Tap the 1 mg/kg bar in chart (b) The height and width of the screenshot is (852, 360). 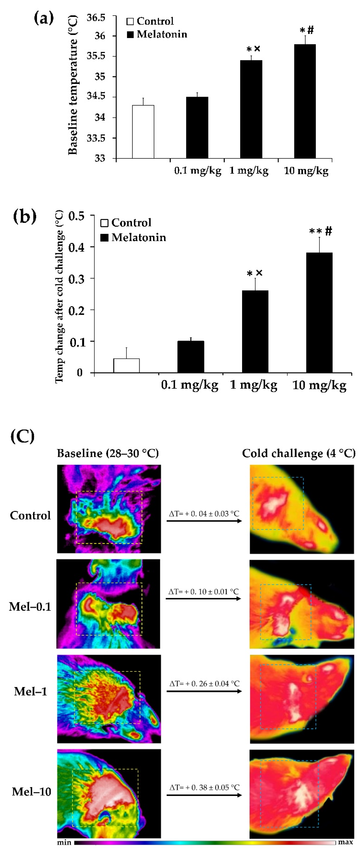(x=255, y=331)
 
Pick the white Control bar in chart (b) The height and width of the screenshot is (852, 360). (x=126, y=365)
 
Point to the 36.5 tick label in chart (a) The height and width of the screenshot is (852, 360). (x=96, y=17)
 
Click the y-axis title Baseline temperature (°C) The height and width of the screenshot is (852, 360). (x=73, y=85)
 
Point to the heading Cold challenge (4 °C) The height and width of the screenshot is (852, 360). (x=298, y=453)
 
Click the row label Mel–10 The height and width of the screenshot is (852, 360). (x=31, y=791)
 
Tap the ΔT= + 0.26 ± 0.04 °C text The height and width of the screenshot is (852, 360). (x=204, y=683)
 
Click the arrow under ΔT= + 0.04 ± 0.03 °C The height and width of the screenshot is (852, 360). (x=204, y=521)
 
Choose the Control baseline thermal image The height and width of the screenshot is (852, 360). (x=109, y=509)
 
